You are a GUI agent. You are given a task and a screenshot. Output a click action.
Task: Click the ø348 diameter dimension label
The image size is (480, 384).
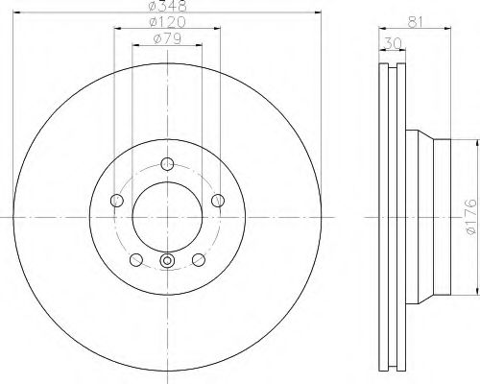[168, 6]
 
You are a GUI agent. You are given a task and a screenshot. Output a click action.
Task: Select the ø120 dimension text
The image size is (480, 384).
[167, 22]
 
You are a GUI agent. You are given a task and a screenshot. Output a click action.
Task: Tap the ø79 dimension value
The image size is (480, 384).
[167, 38]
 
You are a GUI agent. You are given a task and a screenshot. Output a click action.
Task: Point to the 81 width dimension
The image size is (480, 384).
[416, 22]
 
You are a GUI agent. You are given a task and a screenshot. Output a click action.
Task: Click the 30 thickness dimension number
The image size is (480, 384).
[393, 43]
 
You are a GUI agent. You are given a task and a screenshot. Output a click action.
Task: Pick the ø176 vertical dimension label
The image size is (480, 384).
[471, 217]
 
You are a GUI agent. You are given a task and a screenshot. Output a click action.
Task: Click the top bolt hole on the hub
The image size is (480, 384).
[167, 164]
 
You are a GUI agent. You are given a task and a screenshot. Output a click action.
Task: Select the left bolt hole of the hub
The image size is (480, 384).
[117, 201]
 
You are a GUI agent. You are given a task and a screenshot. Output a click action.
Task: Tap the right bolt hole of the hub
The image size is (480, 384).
[218, 201]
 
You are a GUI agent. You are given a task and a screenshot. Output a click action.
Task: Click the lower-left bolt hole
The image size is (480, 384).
[136, 259]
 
